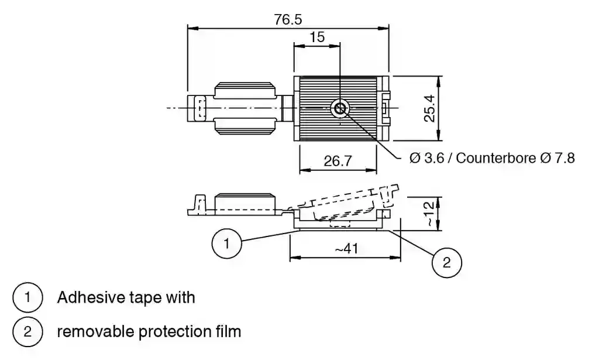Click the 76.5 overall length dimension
(x=288, y=19)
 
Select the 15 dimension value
(x=317, y=37)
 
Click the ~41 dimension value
(x=346, y=248)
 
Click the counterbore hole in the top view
(x=340, y=108)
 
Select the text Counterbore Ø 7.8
(x=515, y=159)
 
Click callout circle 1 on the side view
(x=226, y=243)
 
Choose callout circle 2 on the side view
(x=446, y=262)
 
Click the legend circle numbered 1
(x=27, y=297)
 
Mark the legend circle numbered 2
(x=27, y=332)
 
